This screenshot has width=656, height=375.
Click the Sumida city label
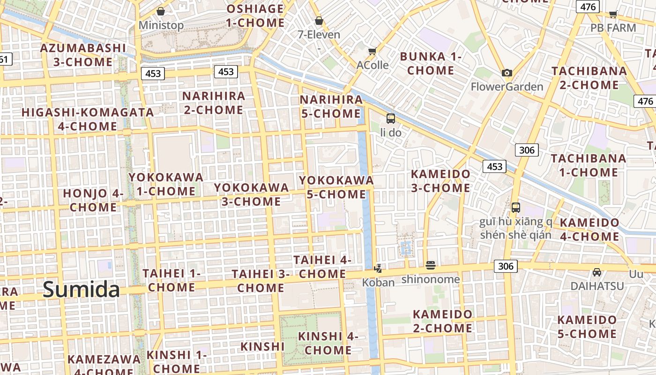pos(82,290)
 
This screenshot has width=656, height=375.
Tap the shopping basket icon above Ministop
pos(161,11)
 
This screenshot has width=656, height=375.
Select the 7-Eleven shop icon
pos(319,21)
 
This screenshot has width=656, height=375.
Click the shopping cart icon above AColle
pos(373,51)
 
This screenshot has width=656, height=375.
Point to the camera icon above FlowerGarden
pos(507,73)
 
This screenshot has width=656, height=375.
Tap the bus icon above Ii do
pos(390,118)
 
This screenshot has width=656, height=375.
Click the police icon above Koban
pos(378,269)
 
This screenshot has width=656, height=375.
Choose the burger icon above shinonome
pos(431,265)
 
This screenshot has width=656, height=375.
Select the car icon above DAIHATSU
pos(596,272)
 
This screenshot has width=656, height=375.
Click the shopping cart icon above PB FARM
pos(613,14)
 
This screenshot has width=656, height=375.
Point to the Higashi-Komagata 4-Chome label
pos(88,119)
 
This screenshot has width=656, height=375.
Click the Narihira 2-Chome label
pos(213,103)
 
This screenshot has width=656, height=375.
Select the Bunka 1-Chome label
pos(431,63)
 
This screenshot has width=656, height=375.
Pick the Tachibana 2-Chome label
pos(589,78)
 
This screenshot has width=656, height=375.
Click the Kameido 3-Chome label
pos(440,180)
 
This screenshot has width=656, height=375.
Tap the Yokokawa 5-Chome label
pos(336,187)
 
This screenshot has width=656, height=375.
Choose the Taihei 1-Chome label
pos(171,280)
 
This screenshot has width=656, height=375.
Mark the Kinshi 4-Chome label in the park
pos(328,343)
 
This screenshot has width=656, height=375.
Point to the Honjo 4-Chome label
pos(93,200)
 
